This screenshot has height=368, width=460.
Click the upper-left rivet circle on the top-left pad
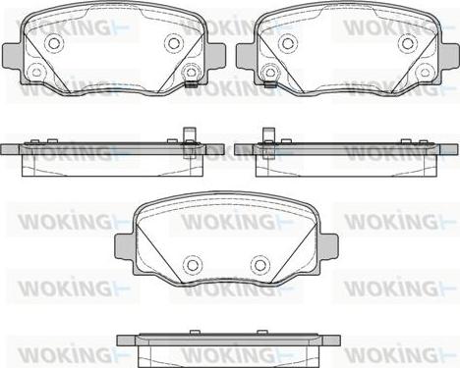point(53,43)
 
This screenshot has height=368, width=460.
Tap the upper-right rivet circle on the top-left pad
point(173,43)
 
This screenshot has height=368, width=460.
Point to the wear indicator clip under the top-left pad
point(191,84)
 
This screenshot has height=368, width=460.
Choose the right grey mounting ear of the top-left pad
point(215,56)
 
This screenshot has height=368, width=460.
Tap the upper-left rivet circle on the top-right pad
point(287,43)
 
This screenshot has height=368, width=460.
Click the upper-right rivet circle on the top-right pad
point(407,43)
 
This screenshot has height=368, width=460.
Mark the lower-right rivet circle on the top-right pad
point(425,72)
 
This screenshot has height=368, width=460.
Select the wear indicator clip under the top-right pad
point(269,85)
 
